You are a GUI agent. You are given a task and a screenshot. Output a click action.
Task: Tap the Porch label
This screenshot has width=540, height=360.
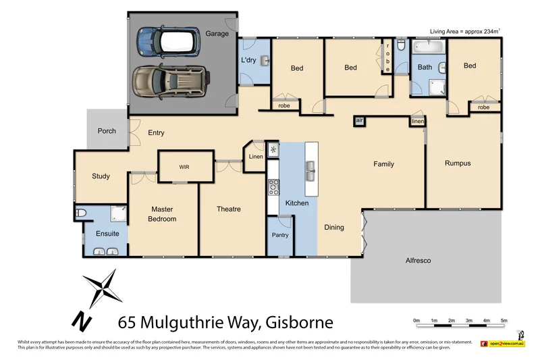pos(107,131)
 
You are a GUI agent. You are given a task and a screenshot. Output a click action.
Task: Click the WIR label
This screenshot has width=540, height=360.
pos(184,166)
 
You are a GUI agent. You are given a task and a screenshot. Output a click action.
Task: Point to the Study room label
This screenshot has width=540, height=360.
pos(101,176)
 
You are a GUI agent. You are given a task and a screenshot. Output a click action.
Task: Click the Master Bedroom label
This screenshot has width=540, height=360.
pos(163,214)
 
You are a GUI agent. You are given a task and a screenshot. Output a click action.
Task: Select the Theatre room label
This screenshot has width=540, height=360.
pos(228,209)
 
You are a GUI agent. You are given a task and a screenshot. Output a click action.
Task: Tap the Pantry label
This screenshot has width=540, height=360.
pos(280,235)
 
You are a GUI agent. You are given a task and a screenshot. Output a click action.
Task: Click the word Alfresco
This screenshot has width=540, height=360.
pos(418,261)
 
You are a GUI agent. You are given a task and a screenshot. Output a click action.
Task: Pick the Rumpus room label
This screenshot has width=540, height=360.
pos(457,163)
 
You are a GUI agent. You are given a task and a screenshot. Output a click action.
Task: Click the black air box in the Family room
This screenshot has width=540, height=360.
pos(359,120)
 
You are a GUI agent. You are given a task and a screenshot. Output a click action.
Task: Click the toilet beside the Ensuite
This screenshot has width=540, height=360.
pos(80,213)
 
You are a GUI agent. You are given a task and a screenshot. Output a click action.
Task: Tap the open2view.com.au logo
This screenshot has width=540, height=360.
pos(503,344)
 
